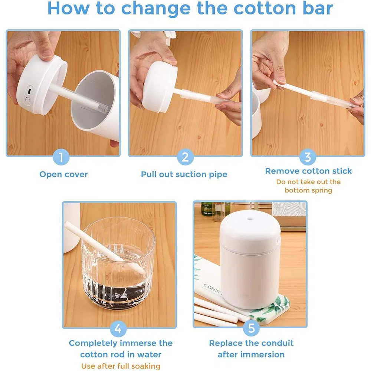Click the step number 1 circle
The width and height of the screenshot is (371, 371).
[x=62, y=157]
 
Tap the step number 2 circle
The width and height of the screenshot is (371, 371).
[x=185, y=157]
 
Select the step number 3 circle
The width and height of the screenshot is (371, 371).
[x=308, y=157]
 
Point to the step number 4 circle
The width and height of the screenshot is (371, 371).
[x=118, y=329]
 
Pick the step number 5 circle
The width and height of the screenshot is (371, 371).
[x=251, y=329]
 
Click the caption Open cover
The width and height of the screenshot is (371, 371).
[x=63, y=174]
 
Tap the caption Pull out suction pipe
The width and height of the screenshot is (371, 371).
[x=184, y=174]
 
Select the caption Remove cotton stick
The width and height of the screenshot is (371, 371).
[x=308, y=171]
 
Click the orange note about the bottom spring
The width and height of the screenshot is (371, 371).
[x=308, y=186]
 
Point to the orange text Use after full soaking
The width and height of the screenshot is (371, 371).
[x=121, y=366]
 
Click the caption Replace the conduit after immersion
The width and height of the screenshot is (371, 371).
[x=251, y=349]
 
